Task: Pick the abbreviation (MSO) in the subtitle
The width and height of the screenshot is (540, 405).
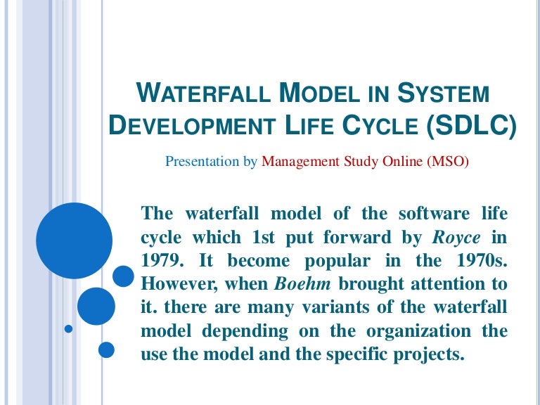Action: (x=447, y=161)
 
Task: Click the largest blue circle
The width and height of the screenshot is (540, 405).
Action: (x=74, y=240)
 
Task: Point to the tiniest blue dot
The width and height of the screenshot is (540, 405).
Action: (x=68, y=328)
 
